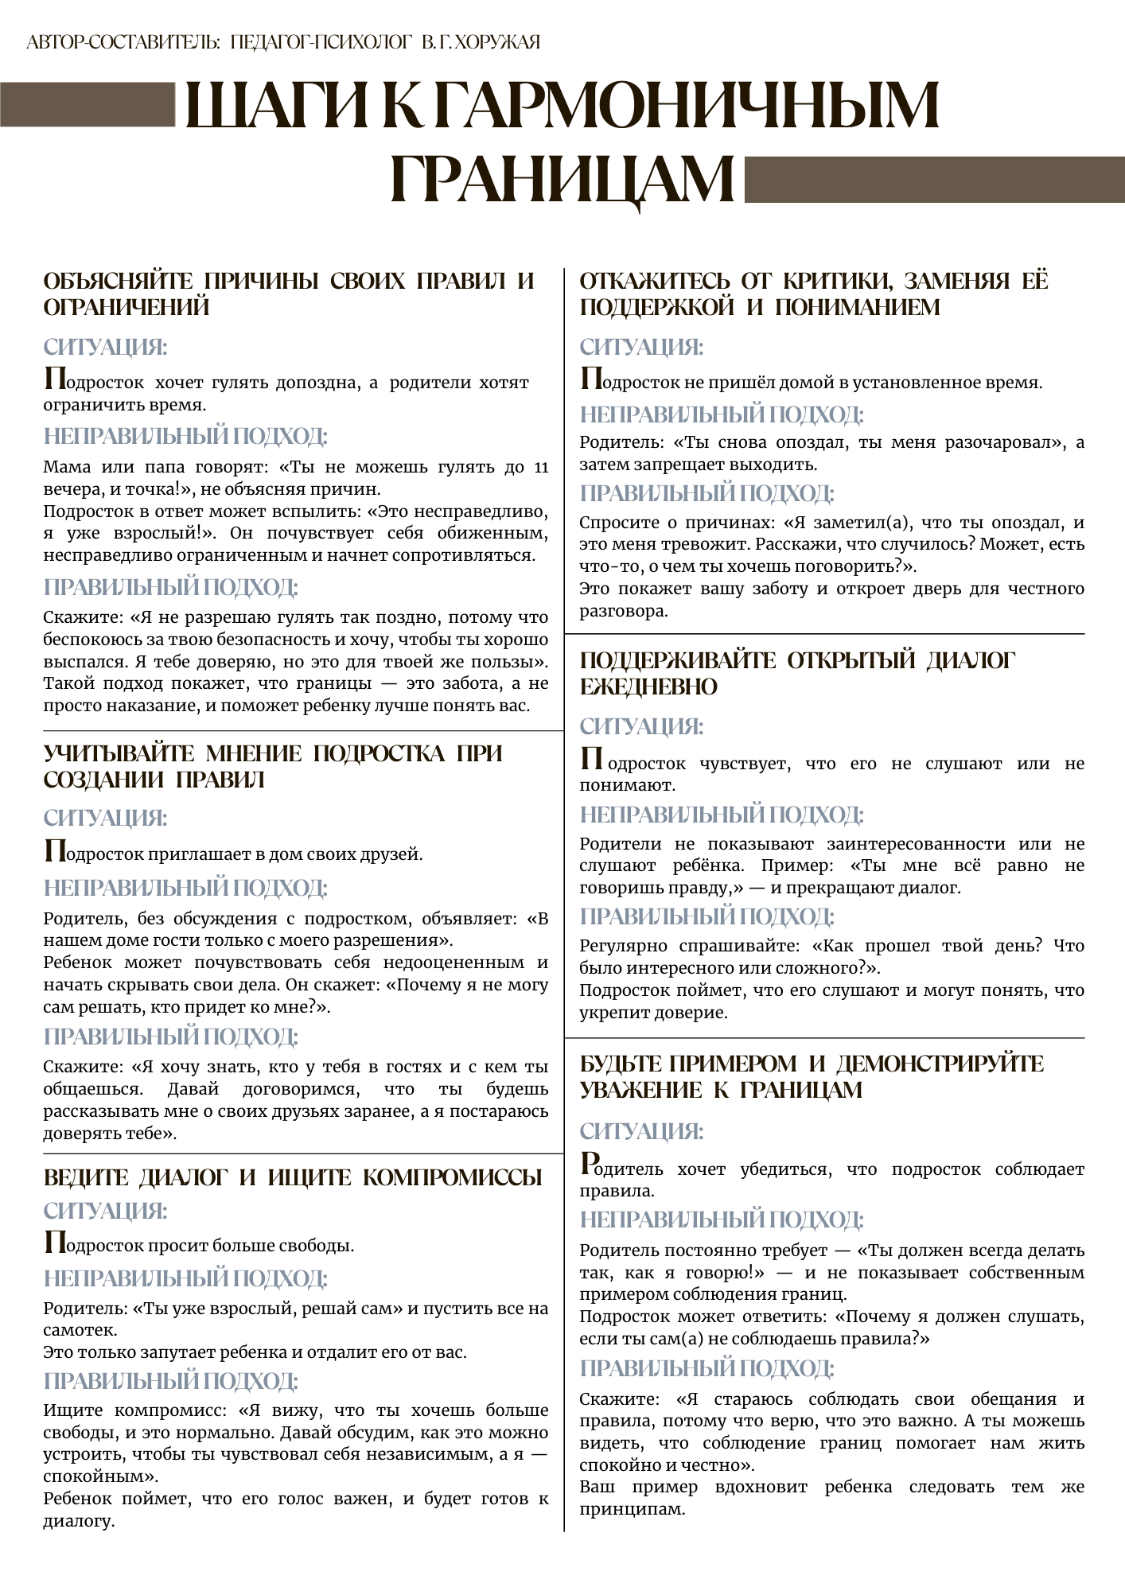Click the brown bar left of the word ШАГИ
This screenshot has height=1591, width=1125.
(88, 104)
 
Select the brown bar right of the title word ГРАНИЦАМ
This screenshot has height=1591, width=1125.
(933, 180)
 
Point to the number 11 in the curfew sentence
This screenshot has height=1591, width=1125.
(540, 467)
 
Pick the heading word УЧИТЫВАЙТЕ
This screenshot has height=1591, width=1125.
(119, 753)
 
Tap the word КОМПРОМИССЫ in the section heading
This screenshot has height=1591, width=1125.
(453, 1177)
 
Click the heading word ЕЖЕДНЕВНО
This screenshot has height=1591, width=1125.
(648, 687)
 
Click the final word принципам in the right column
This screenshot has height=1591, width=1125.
(632, 1509)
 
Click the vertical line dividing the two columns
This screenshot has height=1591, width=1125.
(564, 875)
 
